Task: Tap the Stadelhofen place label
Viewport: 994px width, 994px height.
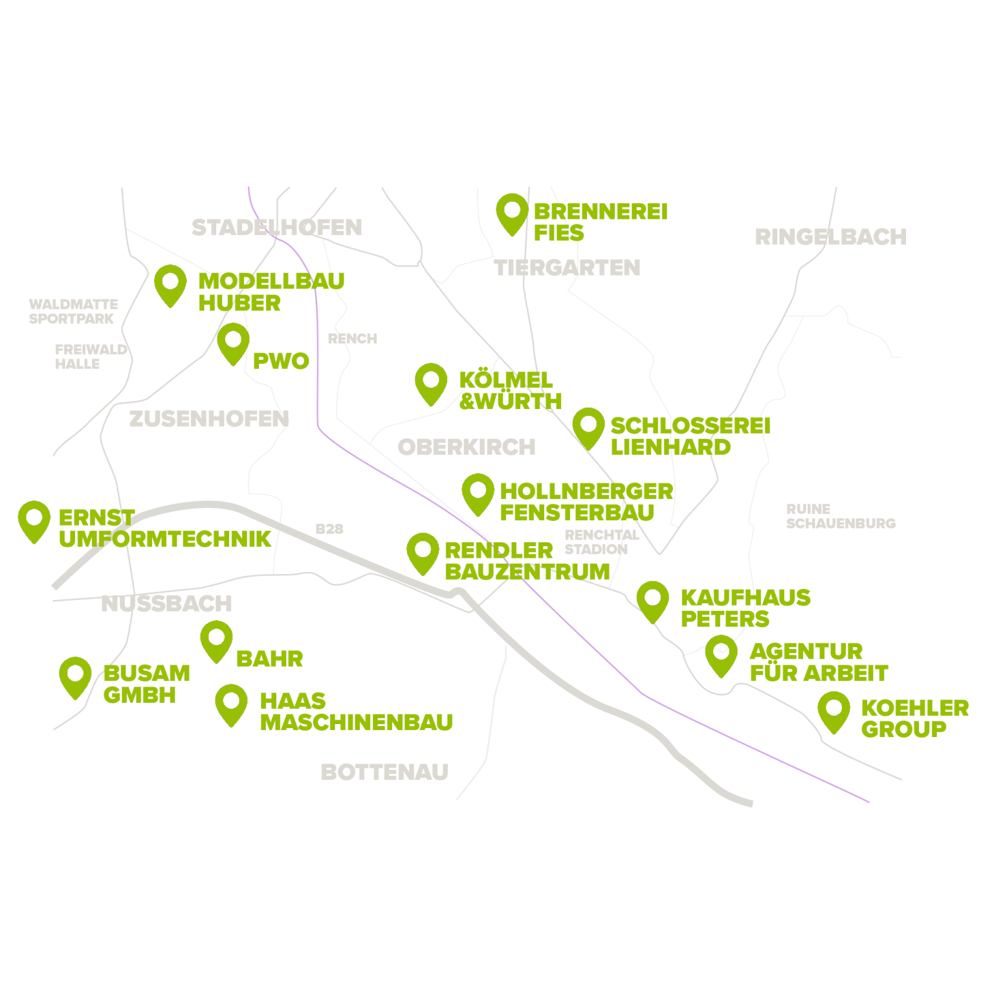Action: tap(276, 227)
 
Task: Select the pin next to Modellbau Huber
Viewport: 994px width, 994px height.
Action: tap(170, 284)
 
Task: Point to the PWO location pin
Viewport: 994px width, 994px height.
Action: tap(233, 342)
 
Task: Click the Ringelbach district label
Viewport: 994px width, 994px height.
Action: tap(830, 237)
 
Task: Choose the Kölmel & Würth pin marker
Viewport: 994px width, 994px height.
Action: tap(431, 382)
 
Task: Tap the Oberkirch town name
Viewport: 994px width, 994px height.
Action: tap(466, 447)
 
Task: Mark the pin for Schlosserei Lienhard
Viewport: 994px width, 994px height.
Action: tap(588, 426)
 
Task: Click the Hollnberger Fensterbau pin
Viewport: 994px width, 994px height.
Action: tap(478, 492)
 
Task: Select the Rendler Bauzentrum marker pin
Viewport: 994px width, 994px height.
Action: tap(423, 552)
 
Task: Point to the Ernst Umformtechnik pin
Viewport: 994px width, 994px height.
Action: tap(34, 520)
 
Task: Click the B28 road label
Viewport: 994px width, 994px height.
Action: tap(329, 529)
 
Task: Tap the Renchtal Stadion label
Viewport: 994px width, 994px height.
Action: tap(601, 542)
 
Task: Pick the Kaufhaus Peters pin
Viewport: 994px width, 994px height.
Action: tap(652, 600)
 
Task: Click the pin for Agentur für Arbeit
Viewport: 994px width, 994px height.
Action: tap(721, 654)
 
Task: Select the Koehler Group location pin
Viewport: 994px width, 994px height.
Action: tap(834, 711)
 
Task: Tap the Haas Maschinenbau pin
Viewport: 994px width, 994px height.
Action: tap(231, 703)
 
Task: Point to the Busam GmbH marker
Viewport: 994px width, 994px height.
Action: tap(75, 676)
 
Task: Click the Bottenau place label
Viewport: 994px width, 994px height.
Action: tap(384, 771)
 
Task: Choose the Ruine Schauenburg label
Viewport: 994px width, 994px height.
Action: tap(840, 516)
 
